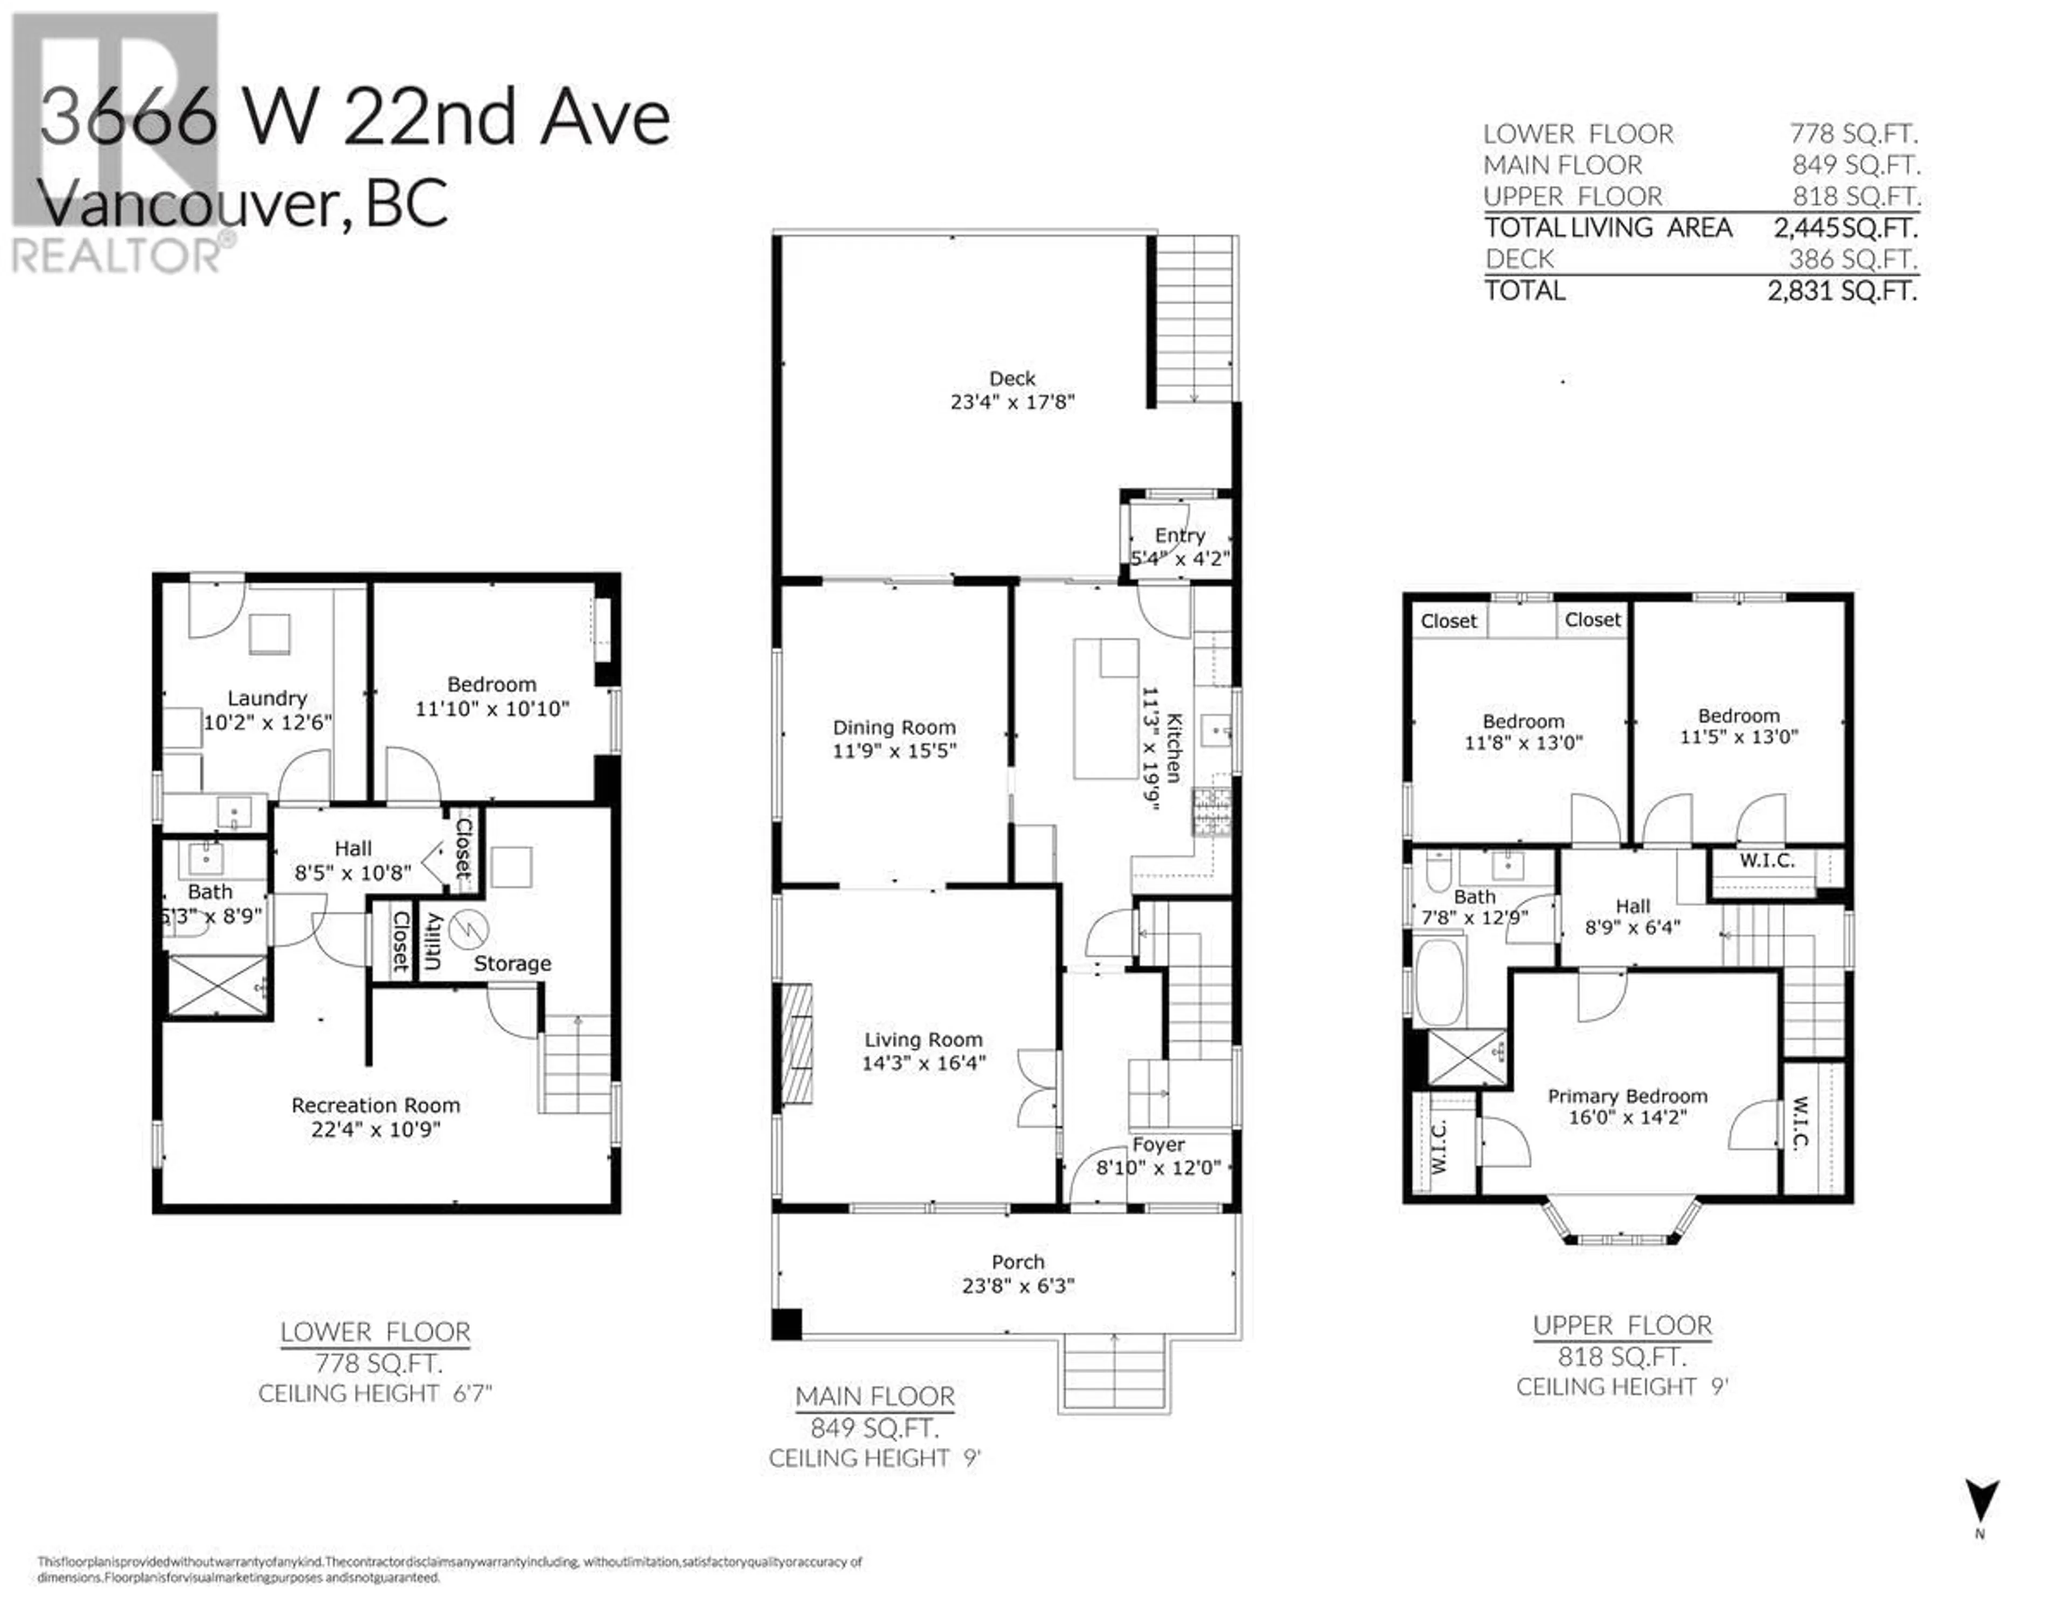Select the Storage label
point(511,963)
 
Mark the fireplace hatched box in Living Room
point(797,1043)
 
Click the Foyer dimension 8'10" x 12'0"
point(1158,1168)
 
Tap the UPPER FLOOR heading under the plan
point(1623,1325)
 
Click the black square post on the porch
point(786,1323)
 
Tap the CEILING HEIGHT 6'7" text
point(375,1393)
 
